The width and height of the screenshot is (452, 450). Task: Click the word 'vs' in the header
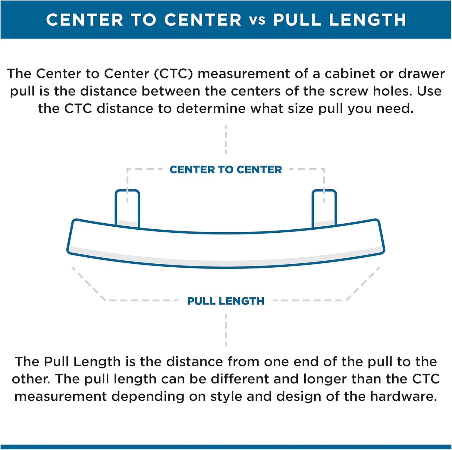(257, 20)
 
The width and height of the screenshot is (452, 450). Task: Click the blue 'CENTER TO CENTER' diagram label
(226, 169)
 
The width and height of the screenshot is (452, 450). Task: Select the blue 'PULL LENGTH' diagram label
(226, 301)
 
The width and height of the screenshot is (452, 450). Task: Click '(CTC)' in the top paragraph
(173, 74)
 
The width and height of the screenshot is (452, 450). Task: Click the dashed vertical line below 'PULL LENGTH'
(226, 330)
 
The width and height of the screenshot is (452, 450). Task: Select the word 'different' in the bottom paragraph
(240, 379)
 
